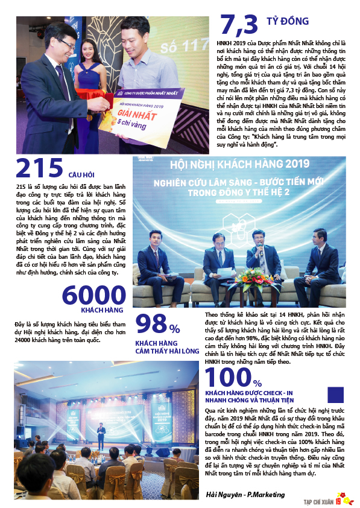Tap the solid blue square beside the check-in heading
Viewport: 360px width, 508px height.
click(x=335, y=395)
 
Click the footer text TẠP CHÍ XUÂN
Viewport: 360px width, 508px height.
click(x=318, y=500)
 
